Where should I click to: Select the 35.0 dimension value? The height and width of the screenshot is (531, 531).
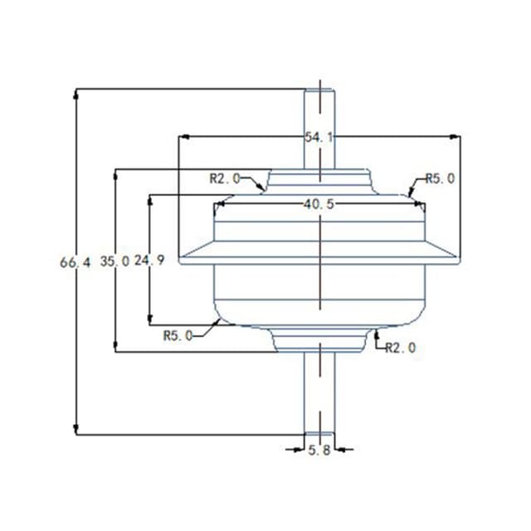pyautogui.click(x=114, y=261)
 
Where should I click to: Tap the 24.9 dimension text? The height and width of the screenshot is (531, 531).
pyautogui.click(x=149, y=261)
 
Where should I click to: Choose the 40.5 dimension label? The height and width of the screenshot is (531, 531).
pyautogui.click(x=319, y=204)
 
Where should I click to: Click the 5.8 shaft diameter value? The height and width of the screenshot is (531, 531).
pyautogui.click(x=319, y=450)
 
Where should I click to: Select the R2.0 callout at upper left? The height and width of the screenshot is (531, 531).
pyautogui.click(x=224, y=178)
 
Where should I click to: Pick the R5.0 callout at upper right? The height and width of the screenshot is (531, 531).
pyautogui.click(x=440, y=178)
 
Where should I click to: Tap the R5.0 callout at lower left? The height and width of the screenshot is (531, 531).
pyautogui.click(x=178, y=335)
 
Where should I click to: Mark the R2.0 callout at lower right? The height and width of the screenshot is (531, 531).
pyautogui.click(x=401, y=348)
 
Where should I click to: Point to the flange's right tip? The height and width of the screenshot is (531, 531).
pyautogui.click(x=457, y=258)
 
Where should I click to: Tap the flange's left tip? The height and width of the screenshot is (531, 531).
pyautogui.click(x=182, y=258)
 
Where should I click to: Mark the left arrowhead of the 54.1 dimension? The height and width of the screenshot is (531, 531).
pyautogui.click(x=184, y=137)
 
